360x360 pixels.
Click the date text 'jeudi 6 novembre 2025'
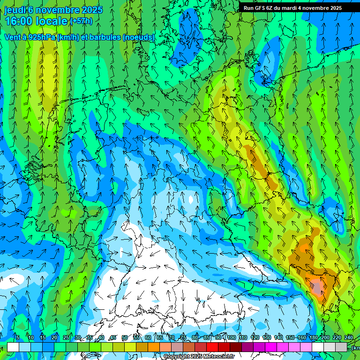(49, 10)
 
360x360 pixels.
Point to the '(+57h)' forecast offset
(81, 21)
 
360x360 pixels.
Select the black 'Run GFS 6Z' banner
(299, 8)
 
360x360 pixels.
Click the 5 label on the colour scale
(17, 337)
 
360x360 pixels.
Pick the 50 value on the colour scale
(124, 337)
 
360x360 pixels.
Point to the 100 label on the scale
(231, 337)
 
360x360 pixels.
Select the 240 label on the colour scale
(349, 337)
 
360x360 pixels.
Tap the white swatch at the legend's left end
(13, 347)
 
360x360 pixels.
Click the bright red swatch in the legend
(212, 347)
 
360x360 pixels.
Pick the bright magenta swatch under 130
(271, 347)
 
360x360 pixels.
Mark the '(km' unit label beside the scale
(356, 348)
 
